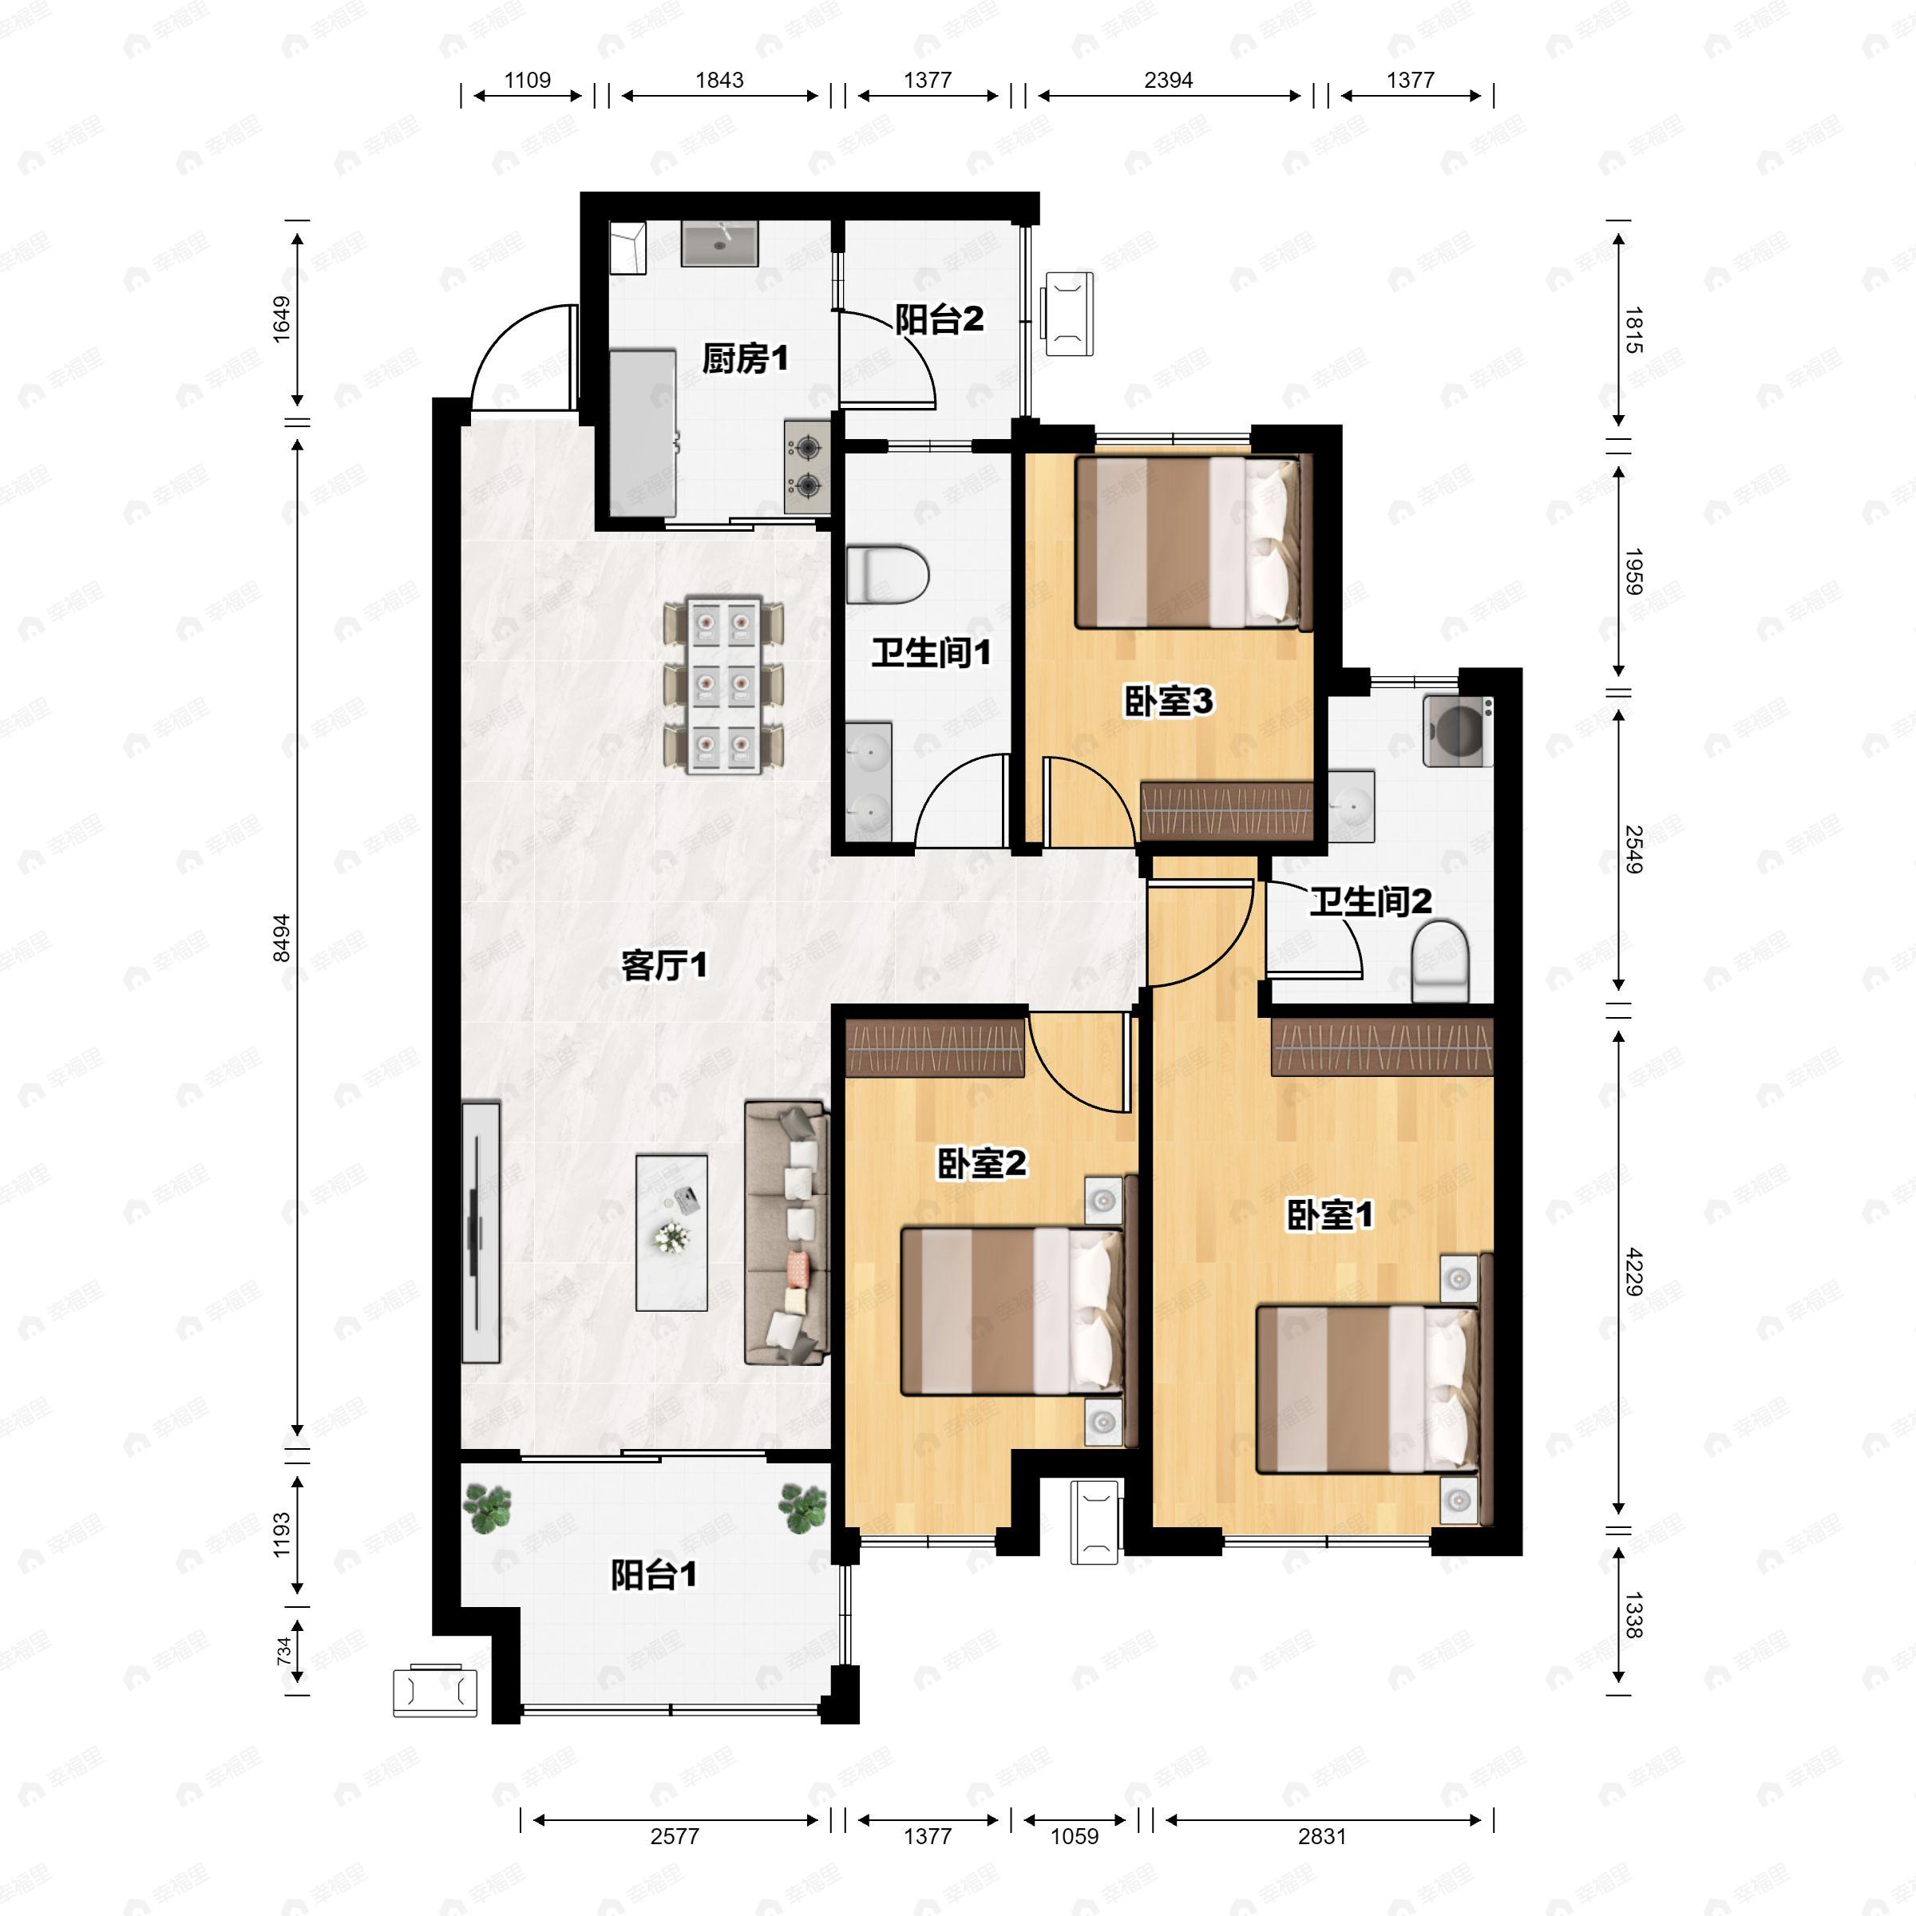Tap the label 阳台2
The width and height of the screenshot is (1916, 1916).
tap(939, 319)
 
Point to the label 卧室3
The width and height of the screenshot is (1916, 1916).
tap(1168, 701)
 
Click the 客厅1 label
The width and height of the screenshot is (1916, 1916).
tap(664, 965)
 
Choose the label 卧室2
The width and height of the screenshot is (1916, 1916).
tap(982, 1163)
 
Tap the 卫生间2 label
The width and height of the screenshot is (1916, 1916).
tap(1371, 901)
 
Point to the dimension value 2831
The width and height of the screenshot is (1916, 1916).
tap(1322, 1837)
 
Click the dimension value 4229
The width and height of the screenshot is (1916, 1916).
tap(1634, 1272)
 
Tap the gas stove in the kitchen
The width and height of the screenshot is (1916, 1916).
tap(807, 466)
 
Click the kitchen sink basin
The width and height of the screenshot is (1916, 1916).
tap(720, 243)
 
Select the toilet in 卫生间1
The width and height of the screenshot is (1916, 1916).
tap(887, 574)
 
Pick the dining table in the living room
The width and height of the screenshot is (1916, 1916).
tap(723, 684)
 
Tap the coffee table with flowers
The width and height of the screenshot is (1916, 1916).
tap(671, 1233)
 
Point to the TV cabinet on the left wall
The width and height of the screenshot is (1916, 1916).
tap(481, 1232)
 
